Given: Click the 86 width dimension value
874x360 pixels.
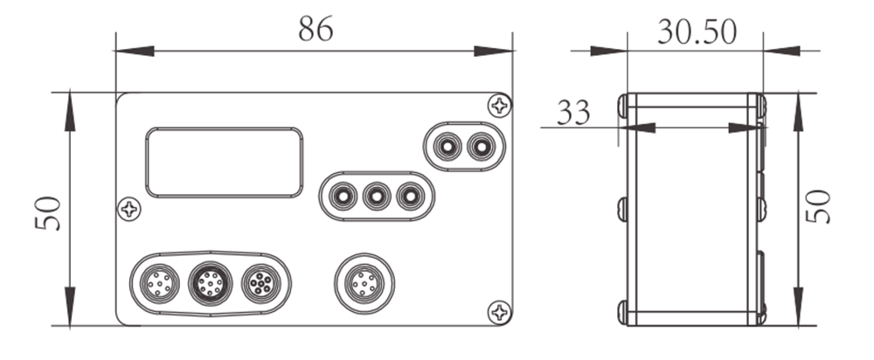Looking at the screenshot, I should point(316,28).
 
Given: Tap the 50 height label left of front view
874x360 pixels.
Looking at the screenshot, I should point(49,212).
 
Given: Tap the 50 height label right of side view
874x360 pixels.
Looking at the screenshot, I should point(819,208).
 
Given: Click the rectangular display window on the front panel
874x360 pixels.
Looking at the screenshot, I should point(225,162).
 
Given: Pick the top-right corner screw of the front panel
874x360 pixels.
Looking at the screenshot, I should point(499,106).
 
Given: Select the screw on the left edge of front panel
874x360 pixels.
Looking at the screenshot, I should point(129,209).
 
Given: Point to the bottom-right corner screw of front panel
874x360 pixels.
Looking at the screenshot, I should point(499,311).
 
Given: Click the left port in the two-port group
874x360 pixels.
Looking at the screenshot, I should point(447,147).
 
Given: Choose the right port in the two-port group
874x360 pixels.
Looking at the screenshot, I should point(480,147).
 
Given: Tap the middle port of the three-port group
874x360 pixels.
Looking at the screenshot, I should point(376,196).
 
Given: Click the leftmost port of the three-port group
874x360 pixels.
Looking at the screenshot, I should point(343,196).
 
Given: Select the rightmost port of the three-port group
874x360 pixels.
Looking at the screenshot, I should point(409,196).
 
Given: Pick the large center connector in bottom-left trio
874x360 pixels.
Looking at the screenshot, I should point(209,283).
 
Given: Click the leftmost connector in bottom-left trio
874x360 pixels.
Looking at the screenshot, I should point(156,283).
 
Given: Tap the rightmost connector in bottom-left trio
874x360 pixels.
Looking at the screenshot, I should point(260,283).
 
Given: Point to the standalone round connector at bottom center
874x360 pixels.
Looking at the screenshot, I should point(364,283).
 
